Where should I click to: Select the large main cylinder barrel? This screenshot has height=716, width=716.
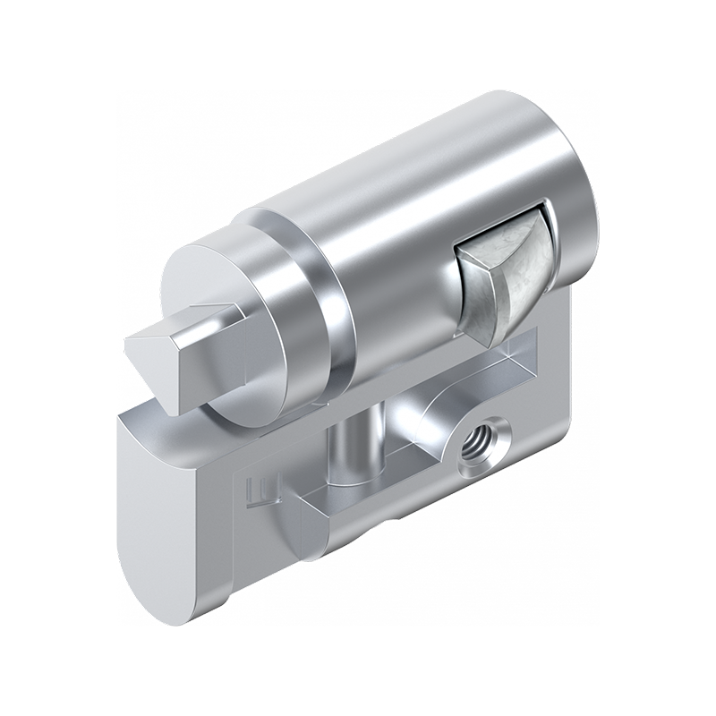[403, 224]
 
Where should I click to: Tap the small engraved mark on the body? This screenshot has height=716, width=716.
[255, 490]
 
